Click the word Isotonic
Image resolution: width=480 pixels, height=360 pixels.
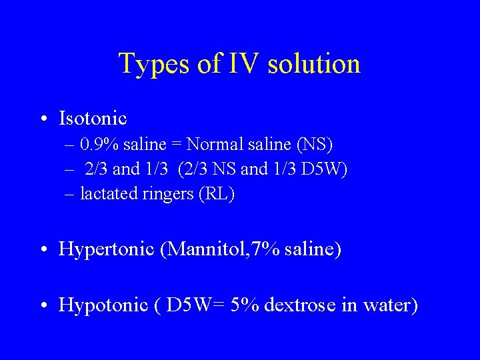pos(93,119)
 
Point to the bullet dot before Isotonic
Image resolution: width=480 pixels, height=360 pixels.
pos(43,119)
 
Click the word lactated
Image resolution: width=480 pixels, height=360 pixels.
pos(105,194)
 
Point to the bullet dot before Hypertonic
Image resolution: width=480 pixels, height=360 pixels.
pos(43,250)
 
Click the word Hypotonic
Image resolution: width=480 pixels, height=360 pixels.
pos(103,305)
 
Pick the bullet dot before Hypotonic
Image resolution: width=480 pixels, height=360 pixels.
pos(43,305)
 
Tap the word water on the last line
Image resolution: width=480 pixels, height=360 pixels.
pos(393,305)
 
